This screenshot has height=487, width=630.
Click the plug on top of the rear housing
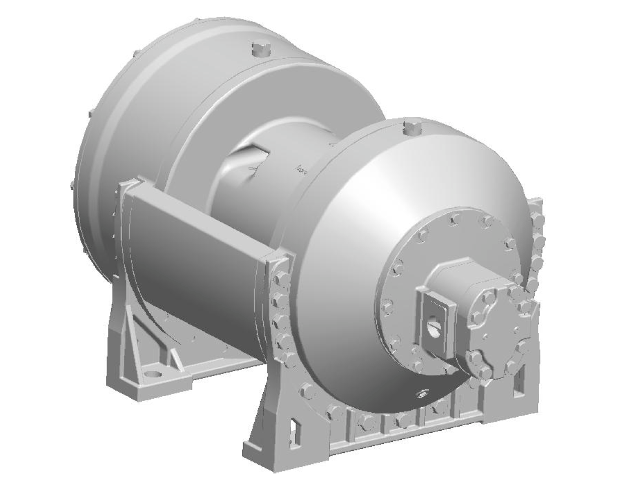click(261, 49)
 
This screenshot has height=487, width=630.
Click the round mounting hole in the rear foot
click(153, 374)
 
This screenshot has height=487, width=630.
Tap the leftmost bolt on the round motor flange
click(387, 305)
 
